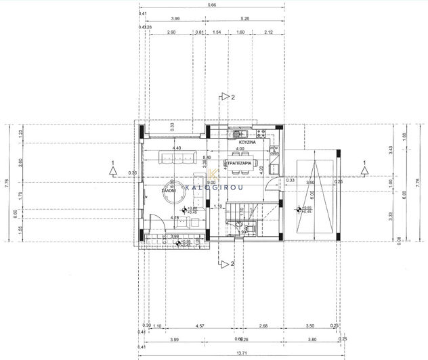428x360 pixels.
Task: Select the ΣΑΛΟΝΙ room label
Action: click(x=169, y=192)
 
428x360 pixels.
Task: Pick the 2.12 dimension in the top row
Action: click(x=270, y=32)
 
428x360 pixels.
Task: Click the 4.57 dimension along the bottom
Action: click(x=200, y=326)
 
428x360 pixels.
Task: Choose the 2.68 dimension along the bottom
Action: click(x=263, y=326)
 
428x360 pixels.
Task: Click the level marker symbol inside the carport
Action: click(x=299, y=210)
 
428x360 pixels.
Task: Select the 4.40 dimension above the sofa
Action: click(x=177, y=148)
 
